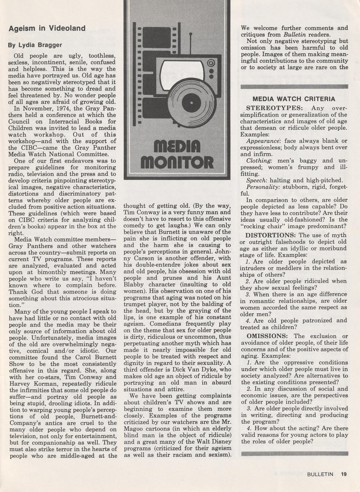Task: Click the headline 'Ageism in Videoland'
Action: pos(47,29)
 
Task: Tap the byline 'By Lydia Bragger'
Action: pos(35,45)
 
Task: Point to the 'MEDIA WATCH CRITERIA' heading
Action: pos(294,99)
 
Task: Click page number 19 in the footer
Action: pos(344,474)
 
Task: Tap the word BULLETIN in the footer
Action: pos(320,474)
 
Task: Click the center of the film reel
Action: pos(191,103)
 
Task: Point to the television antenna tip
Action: pos(190,35)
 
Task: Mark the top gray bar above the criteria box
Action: pos(294,87)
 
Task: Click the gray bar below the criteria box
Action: pos(294,453)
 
